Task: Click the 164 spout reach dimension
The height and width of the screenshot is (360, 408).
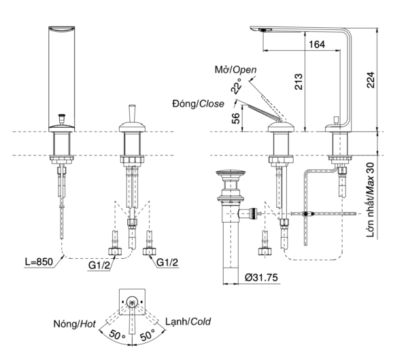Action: (x=317, y=44)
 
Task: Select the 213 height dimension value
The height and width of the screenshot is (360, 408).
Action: (x=299, y=82)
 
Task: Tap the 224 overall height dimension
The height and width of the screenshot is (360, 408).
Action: (x=371, y=79)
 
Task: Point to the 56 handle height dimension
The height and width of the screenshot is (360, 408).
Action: (x=235, y=118)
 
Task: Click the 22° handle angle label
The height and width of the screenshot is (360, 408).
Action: (x=236, y=86)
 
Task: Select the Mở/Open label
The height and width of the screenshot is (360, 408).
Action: (x=235, y=70)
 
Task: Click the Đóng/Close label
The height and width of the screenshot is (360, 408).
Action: (x=199, y=104)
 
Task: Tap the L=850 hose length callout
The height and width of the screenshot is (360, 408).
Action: (x=39, y=262)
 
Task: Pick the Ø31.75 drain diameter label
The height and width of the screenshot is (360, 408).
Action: (x=261, y=277)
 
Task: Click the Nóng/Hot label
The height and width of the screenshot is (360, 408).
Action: (x=74, y=324)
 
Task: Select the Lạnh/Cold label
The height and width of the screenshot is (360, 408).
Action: (x=188, y=322)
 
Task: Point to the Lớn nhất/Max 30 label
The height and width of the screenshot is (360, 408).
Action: (x=371, y=200)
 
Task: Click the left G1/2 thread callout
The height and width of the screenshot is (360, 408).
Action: (x=99, y=265)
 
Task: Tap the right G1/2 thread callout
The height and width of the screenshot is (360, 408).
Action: (x=167, y=262)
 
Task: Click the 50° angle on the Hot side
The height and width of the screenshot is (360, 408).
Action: (x=117, y=334)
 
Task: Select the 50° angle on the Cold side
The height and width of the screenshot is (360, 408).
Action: (x=148, y=334)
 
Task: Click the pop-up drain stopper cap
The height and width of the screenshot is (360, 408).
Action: (x=231, y=173)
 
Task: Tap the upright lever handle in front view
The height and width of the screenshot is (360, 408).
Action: (x=132, y=113)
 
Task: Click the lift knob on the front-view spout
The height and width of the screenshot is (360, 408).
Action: (x=62, y=118)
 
